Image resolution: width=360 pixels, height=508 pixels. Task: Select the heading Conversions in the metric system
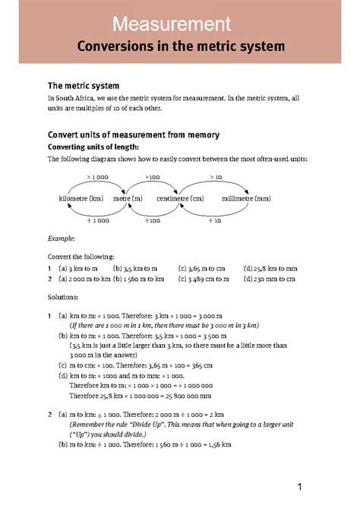pos(181,47)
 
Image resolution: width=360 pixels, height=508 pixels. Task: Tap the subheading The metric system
pos(84,85)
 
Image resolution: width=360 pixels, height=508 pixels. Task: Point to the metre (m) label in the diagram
pos(127,198)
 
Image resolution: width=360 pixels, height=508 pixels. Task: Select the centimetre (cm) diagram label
pos(180,198)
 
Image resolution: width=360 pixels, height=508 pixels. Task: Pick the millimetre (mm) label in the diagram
pos(246,198)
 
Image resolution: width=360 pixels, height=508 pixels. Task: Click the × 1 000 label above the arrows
pos(97,177)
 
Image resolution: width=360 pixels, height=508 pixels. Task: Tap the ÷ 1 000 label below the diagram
pos(97,220)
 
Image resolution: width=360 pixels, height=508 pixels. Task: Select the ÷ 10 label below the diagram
pos(214,220)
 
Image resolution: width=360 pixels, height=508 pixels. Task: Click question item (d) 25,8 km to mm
pos(270,268)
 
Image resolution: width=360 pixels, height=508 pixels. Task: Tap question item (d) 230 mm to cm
pos(270,279)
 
